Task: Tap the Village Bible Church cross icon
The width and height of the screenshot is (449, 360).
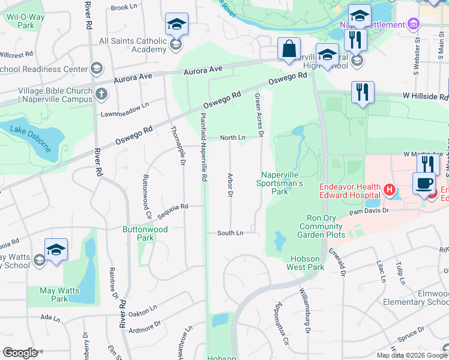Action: [x=101, y=94]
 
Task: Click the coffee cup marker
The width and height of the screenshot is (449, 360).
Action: [x=424, y=184]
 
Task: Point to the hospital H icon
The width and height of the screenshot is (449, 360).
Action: [x=390, y=191]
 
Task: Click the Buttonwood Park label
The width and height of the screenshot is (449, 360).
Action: [x=145, y=233]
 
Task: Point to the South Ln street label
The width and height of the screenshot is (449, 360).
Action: [x=231, y=233]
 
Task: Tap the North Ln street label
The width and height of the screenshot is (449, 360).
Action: [x=232, y=138]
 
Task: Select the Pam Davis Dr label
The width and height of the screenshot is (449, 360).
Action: [x=373, y=211]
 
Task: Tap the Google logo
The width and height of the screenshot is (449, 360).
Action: [x=20, y=353]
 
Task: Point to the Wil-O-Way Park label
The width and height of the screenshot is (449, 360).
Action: [x=26, y=22]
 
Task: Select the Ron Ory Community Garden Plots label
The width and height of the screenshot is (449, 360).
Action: [x=322, y=226]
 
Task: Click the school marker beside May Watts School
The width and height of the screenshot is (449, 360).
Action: [x=56, y=250]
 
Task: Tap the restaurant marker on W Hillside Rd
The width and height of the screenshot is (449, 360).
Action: [x=363, y=92]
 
